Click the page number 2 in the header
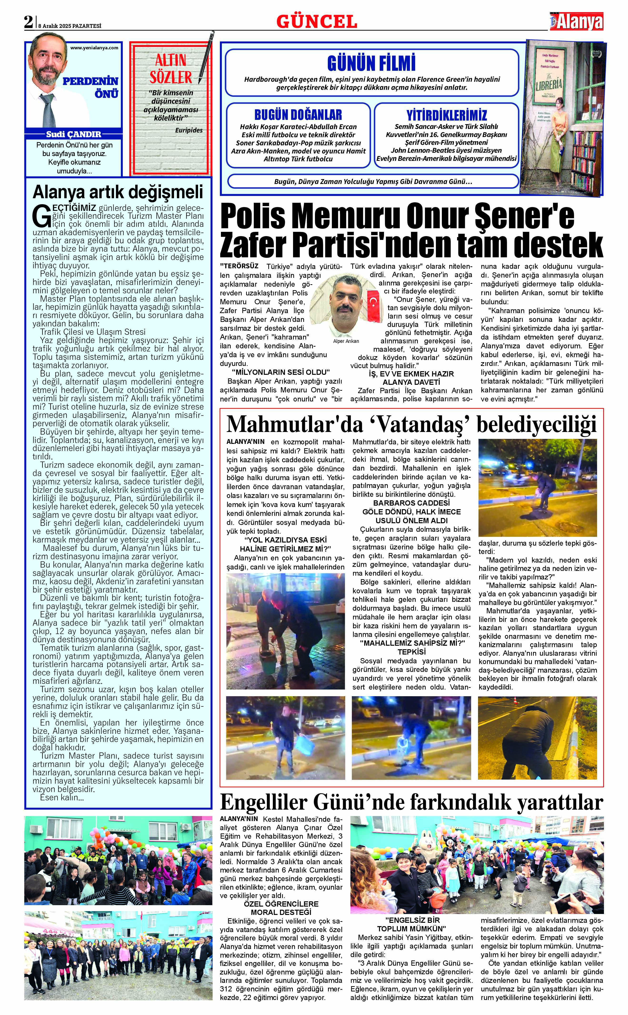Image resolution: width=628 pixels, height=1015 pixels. click(x=28, y=22)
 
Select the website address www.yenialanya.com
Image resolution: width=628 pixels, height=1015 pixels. click(x=94, y=48)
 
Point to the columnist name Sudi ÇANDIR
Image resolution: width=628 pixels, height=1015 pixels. click(x=74, y=134)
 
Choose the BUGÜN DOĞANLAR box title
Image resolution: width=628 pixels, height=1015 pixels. click(x=298, y=114)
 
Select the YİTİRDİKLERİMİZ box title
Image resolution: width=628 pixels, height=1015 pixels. click(x=447, y=115)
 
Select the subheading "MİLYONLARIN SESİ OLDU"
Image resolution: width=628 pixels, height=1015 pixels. click(x=281, y=372)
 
